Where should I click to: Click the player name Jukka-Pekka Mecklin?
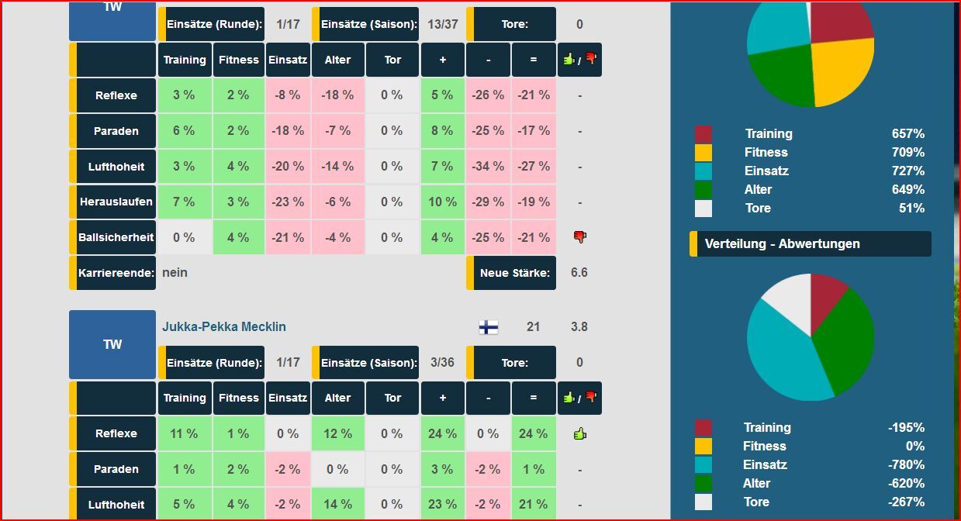coord(223,327)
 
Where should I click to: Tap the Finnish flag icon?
coord(489,327)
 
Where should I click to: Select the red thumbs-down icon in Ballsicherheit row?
coord(579,237)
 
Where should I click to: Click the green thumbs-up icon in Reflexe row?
coord(579,433)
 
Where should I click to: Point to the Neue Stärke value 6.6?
coord(579,273)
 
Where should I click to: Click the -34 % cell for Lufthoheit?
coord(488,167)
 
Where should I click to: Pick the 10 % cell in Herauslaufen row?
coord(442,202)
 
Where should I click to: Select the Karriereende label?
coord(116,273)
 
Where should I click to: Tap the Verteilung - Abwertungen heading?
coord(782,243)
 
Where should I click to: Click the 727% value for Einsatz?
coord(907,171)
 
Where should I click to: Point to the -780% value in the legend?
coord(906,465)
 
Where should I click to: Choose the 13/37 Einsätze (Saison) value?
coord(442,24)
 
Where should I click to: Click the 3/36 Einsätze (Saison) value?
coord(442,363)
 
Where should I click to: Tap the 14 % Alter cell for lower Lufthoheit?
coord(337,505)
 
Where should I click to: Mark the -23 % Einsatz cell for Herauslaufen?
coord(288,202)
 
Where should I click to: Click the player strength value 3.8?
coord(579,327)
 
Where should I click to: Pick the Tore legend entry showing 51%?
coord(758,209)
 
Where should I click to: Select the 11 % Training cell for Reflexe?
coord(184,434)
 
